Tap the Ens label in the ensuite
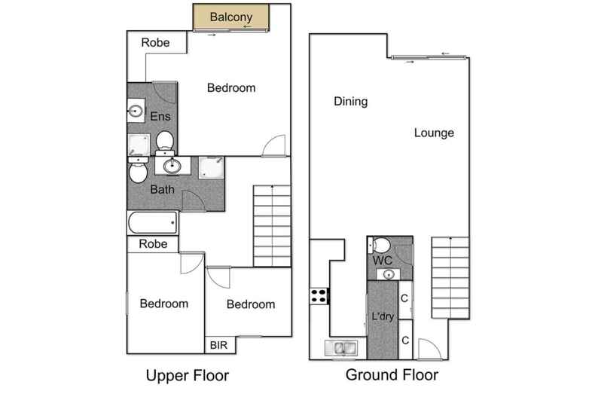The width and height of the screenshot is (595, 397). coord(160,116)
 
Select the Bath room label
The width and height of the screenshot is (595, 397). coord(162,189)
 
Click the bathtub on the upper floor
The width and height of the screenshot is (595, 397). coord(152,223)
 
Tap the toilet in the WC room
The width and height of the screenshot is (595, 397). coord(382,244)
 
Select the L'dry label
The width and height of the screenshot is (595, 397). coord(382,318)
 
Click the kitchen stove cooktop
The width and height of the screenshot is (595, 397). coord(319,296)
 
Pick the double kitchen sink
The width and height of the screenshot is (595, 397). coord(340,347)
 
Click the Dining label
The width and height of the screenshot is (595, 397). coord(350,102)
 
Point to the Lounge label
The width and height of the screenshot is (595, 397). coord(434,133)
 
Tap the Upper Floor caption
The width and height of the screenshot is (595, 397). coord(187,374)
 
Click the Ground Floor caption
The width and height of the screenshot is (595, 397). coord(392,374)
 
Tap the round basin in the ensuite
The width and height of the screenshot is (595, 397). coord(136,112)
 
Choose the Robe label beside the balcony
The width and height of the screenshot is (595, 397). coord(155,43)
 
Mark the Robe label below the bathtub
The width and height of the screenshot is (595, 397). coord(153,244)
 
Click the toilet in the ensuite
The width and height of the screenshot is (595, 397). coord(165,140)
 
